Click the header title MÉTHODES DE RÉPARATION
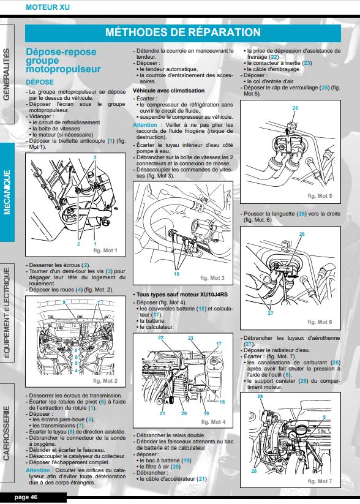click(x=183, y=32)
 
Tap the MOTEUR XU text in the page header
click(x=48, y=7)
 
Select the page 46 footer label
click(x=26, y=497)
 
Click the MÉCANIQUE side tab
click(x=7, y=192)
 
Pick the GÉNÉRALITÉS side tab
click(x=7, y=74)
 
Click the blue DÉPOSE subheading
click(x=40, y=82)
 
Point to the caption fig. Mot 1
click(x=105, y=250)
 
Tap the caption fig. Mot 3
click(x=212, y=278)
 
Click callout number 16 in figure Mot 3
click(x=176, y=274)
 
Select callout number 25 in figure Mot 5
click(x=295, y=108)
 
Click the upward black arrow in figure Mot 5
click(x=287, y=130)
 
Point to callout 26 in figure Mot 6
click(x=302, y=234)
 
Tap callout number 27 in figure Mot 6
click(x=271, y=313)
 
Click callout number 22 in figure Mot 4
click(x=160, y=337)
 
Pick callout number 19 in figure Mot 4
click(x=206, y=413)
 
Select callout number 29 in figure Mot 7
click(x=260, y=396)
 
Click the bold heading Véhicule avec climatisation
click(x=169, y=91)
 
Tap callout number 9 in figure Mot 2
click(x=64, y=302)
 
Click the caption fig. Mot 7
click(x=320, y=481)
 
